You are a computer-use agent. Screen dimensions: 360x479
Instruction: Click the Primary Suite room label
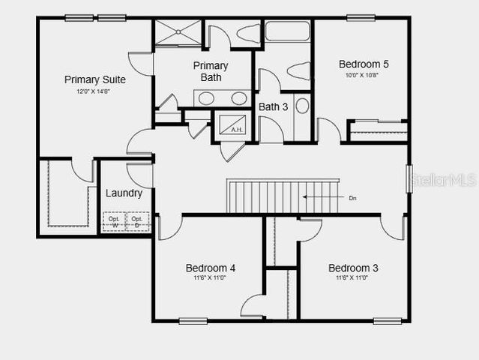94,79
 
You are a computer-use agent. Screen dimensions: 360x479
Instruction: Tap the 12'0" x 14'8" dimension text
94,91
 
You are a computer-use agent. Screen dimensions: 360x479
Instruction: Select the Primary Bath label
211,71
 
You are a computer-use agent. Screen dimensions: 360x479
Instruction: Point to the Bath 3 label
274,106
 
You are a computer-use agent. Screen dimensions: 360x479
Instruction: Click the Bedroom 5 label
364,64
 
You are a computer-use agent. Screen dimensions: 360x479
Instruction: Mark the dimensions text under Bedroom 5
364,75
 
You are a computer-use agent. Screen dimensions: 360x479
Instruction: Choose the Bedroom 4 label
211,268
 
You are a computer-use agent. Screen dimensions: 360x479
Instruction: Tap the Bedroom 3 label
353,268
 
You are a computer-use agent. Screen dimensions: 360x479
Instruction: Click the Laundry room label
124,193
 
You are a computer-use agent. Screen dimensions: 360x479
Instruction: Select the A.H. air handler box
236,124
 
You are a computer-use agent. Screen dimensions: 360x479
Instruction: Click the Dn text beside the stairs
353,198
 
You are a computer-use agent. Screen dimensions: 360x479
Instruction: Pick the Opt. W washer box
115,221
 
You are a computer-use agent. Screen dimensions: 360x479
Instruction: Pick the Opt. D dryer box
137,221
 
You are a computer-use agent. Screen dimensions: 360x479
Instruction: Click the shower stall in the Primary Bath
178,32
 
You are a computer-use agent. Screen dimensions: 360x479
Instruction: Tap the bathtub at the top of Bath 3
287,31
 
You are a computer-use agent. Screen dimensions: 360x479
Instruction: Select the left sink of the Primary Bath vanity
206,98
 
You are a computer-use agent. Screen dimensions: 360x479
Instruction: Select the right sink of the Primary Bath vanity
238,98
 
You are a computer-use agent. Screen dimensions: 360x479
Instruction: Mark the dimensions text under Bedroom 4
211,278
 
